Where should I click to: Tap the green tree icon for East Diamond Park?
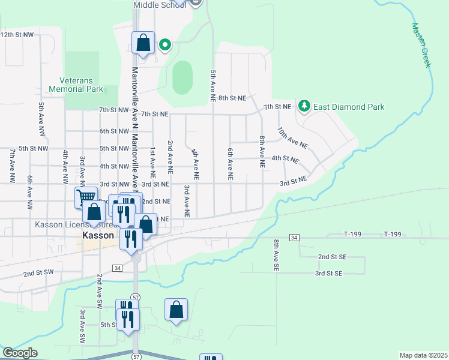click(305, 106)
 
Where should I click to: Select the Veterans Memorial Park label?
click(82, 85)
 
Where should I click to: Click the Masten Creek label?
click(422, 45)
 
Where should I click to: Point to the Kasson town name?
click(98, 236)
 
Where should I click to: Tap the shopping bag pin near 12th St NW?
click(143, 43)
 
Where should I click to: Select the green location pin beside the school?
click(164, 44)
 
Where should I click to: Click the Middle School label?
click(159, 5)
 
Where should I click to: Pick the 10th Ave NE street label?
click(292, 137)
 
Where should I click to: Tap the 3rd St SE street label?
click(329, 273)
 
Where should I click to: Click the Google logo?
click(20, 353)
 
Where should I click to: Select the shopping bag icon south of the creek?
click(176, 310)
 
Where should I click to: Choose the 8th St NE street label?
click(232, 98)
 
